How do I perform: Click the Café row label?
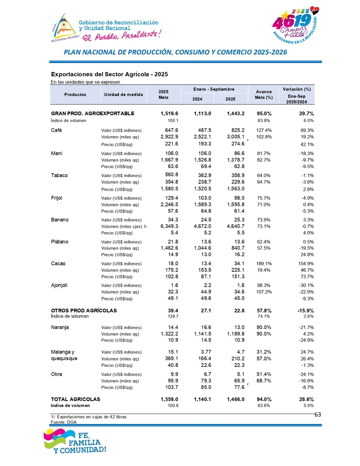57,130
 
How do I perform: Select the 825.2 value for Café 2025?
236,130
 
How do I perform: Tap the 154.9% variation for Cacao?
305,263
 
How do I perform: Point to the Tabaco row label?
60,175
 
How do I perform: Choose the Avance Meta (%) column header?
264,95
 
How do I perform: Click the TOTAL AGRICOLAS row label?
75,399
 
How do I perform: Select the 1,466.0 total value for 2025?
235,399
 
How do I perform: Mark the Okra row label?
57,374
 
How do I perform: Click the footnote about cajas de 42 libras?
89,417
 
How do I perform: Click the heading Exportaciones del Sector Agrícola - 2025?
110,74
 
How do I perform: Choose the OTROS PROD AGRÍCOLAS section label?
83,310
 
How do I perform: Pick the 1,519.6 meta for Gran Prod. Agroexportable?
169,113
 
